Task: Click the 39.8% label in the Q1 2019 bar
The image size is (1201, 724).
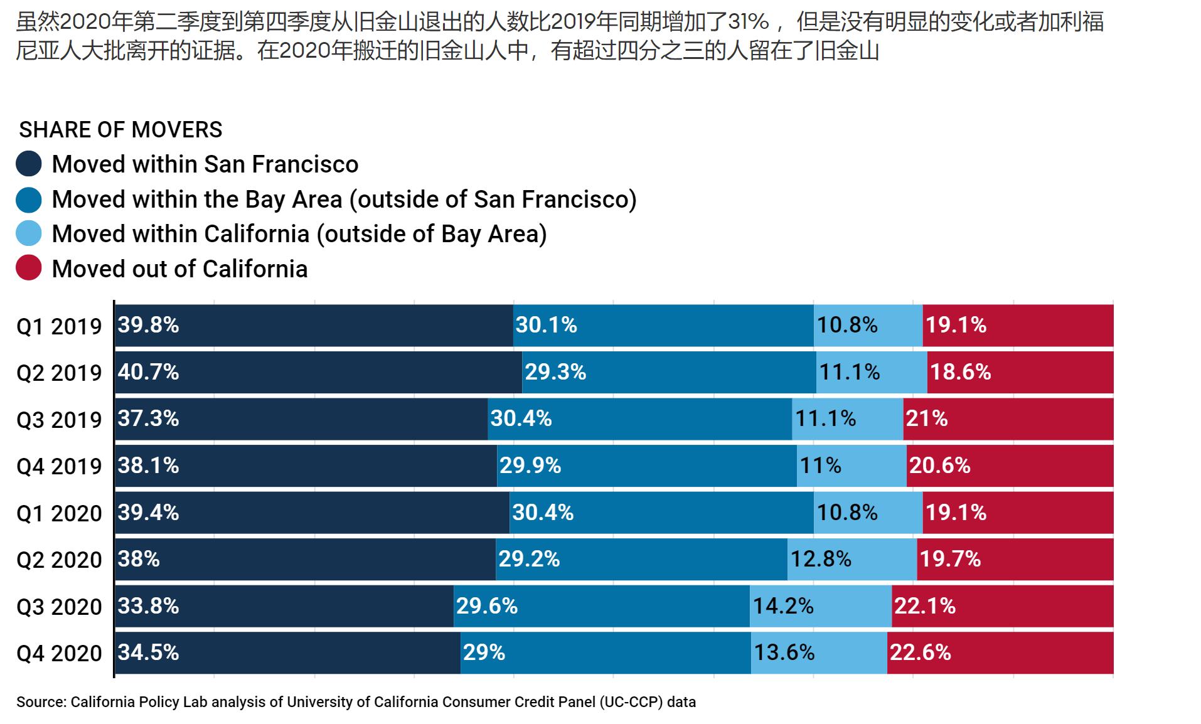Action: click(149, 325)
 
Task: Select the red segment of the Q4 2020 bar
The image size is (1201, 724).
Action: click(1000, 653)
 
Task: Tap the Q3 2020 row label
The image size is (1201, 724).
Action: click(59, 607)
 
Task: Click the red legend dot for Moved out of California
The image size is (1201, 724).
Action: click(29, 268)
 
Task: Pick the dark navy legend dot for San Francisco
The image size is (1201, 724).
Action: click(29, 164)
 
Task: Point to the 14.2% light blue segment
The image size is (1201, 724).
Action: click(820, 606)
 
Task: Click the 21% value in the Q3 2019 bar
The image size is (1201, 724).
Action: click(926, 418)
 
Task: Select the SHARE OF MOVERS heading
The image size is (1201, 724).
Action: click(120, 130)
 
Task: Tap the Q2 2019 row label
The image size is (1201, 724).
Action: click(59, 373)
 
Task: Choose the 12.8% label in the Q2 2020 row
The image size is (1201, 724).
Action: click(821, 559)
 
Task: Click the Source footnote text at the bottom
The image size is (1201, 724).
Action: click(356, 702)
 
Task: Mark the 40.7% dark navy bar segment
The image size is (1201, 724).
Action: click(318, 372)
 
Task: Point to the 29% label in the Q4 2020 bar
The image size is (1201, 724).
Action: click(484, 652)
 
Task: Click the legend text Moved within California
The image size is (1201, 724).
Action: click(299, 234)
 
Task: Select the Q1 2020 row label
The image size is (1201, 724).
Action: click(59, 513)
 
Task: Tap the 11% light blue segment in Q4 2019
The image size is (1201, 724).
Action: click(851, 466)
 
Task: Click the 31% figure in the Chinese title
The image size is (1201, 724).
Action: click(748, 22)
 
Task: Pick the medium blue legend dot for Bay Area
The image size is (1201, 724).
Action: click(29, 200)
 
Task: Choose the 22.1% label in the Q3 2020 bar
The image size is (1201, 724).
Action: click(924, 606)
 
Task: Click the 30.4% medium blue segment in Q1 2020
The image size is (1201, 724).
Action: click(661, 513)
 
